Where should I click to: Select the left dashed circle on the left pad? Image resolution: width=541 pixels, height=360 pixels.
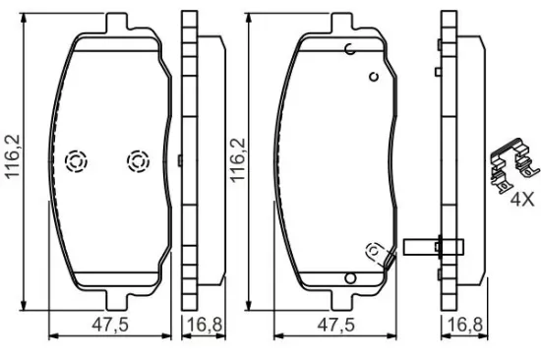point(76,161)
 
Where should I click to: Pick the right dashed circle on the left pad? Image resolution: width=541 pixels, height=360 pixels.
point(137,159)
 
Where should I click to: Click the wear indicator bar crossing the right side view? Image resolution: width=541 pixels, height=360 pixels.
point(433,247)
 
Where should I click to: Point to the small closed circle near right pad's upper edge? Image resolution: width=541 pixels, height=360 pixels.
point(373,76)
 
